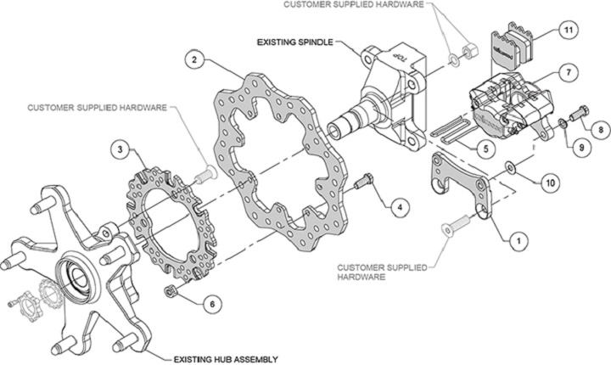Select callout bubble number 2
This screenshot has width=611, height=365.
pos(195,60)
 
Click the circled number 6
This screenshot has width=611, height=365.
pos(212,300)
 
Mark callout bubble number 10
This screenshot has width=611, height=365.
pos(549,181)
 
